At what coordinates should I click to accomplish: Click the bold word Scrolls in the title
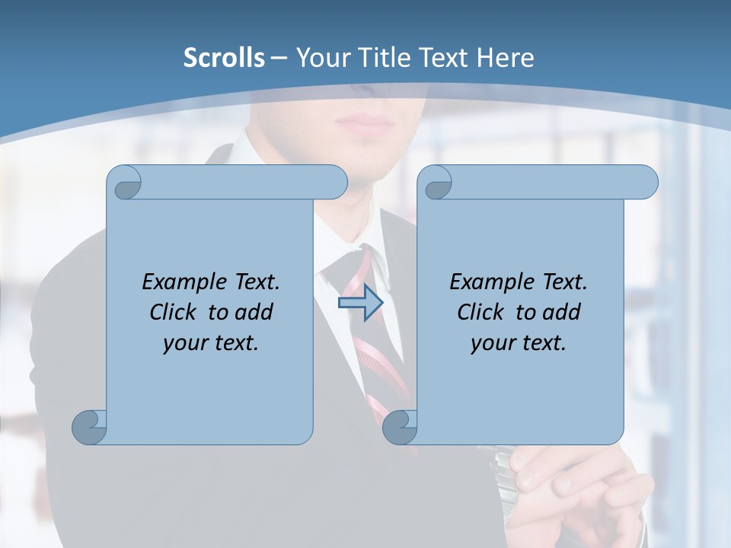tap(224, 58)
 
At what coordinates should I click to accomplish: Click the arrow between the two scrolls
tap(360, 303)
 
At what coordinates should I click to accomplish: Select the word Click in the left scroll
tap(174, 312)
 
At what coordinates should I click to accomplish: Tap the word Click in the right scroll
tap(482, 312)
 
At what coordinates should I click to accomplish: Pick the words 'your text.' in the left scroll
tap(211, 342)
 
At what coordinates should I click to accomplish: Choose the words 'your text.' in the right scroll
tap(519, 342)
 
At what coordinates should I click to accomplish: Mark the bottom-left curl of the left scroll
tap(90, 426)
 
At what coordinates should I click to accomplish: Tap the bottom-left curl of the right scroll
tap(400, 426)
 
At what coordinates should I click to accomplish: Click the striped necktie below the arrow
tap(381, 358)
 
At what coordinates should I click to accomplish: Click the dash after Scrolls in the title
tap(279, 58)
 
